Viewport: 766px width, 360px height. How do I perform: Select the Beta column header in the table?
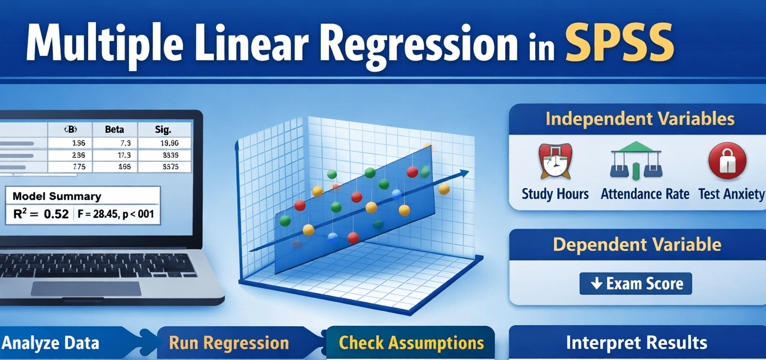coord(114,130)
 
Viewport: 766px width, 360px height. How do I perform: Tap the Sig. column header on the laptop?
coord(163,130)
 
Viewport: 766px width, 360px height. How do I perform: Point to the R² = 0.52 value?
coord(41,214)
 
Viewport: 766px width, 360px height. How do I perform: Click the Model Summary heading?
coord(57,196)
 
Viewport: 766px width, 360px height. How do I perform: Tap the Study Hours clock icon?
coord(554,161)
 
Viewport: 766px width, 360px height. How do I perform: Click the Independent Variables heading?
coord(639,119)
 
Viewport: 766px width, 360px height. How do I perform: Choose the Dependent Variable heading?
coord(637,245)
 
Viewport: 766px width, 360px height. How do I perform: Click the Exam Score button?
coord(636,283)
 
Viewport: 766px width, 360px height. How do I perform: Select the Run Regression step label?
coord(229,343)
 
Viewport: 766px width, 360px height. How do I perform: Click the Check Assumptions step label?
coord(411,343)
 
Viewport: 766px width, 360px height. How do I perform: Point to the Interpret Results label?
coord(636,343)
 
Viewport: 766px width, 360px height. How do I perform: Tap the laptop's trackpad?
coord(86,289)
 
